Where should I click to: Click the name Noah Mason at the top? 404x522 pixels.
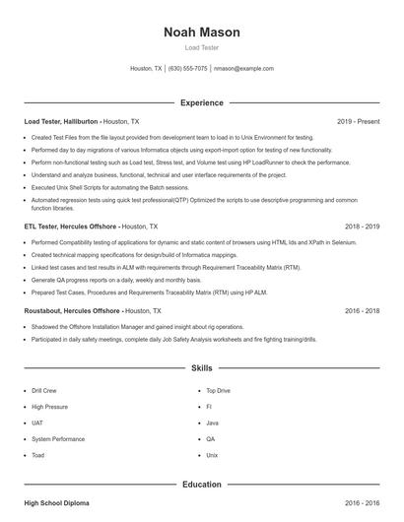(201, 32)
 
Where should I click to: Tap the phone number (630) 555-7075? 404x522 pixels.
(188, 69)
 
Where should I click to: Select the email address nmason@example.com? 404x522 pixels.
(243, 69)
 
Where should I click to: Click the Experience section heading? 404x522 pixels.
(201, 102)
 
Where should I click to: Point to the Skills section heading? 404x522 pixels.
(201, 368)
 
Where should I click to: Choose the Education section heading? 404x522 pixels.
(201, 485)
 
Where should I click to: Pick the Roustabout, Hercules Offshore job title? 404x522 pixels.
(76, 309)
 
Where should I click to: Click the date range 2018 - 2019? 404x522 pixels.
(363, 226)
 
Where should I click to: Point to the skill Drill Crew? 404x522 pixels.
(45, 390)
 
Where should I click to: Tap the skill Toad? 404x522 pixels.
(39, 455)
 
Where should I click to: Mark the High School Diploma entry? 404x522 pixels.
(56, 503)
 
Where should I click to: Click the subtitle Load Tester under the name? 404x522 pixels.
(201, 47)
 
